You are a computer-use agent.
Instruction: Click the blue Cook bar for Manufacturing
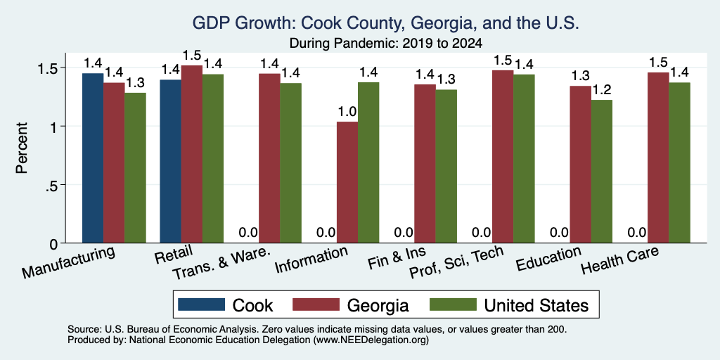click(93, 158)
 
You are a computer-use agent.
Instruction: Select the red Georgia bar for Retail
click(191, 154)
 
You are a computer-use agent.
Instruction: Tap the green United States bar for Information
click(368, 162)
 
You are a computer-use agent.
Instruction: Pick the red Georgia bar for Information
click(347, 182)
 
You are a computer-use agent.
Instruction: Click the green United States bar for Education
click(602, 172)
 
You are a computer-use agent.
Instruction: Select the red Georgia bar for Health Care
click(658, 158)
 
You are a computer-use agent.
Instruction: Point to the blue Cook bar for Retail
click(170, 161)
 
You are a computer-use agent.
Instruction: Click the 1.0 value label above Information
click(347, 112)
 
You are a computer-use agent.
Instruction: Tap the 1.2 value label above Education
click(602, 91)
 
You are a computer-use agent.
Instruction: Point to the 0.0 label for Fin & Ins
click(404, 233)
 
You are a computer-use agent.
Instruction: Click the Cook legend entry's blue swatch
click(202, 305)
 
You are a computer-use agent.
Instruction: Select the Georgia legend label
click(378, 305)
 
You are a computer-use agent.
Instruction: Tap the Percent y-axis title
click(21, 148)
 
